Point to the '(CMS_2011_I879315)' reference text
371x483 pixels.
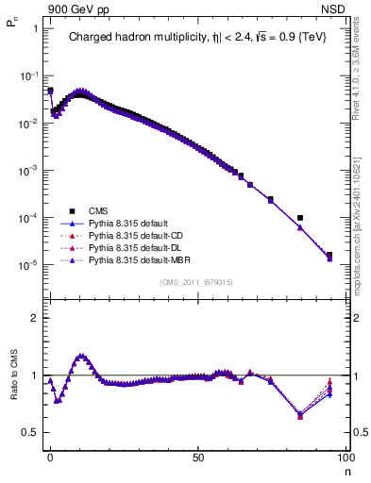(196, 282)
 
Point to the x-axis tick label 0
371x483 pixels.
(50, 457)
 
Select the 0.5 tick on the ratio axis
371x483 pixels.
(32, 432)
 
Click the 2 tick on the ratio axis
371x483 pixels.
(35, 318)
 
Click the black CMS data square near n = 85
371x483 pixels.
(300, 218)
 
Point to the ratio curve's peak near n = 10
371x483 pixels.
(81, 356)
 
